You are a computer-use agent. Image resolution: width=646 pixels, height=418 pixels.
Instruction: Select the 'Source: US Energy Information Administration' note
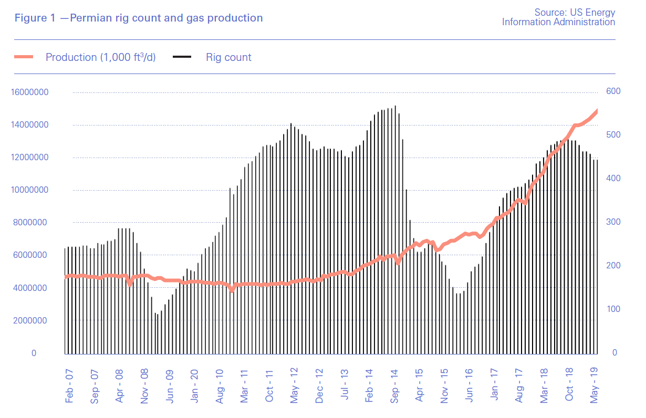click(558, 17)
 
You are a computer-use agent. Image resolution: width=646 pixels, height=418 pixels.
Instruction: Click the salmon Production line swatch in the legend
click(24, 57)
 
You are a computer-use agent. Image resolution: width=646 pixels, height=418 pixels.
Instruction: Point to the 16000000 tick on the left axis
click(29, 92)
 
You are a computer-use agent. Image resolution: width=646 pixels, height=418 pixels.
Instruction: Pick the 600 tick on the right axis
click(613, 92)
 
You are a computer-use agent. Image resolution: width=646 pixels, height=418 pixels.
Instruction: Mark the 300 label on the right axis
click(613, 222)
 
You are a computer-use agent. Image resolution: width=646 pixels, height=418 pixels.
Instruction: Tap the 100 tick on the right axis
click(613, 309)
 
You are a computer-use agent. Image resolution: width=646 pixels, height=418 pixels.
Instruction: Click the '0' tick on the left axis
click(34, 353)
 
